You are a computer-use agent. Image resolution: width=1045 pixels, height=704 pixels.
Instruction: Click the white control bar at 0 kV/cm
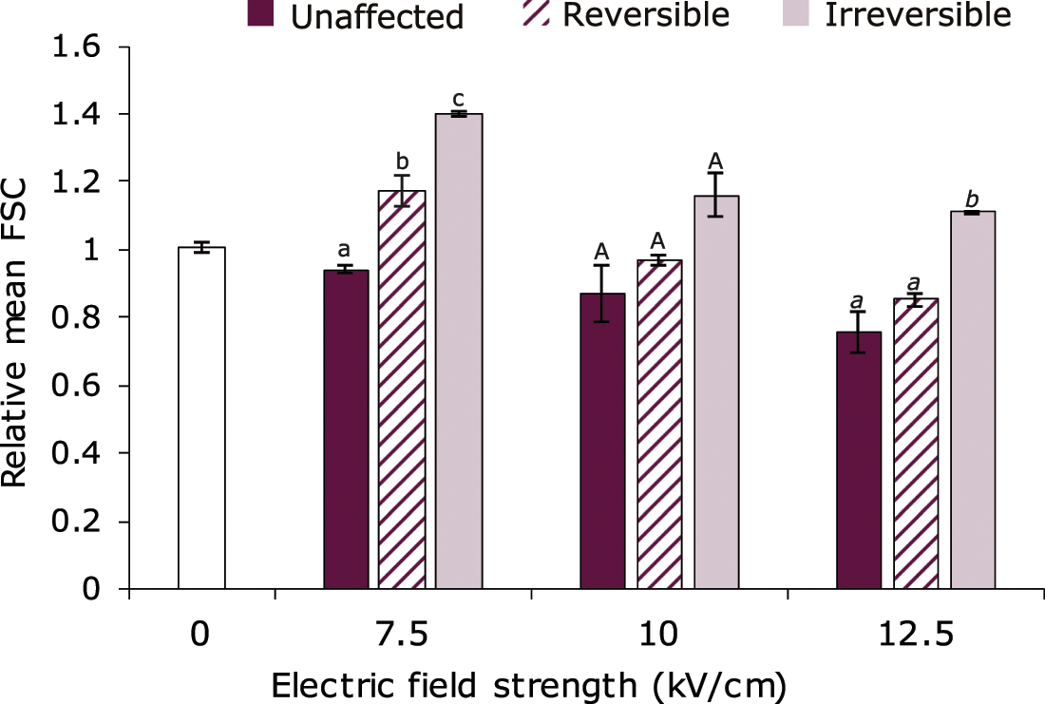(201, 418)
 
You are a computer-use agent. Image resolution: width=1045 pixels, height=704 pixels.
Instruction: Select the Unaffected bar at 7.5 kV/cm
(346, 429)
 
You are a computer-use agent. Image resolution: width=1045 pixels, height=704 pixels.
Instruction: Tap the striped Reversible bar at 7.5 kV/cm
(402, 390)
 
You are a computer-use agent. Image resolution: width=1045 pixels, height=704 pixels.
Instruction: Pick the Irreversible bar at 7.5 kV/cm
(459, 352)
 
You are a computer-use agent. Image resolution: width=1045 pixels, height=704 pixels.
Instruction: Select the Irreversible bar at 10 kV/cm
(716, 392)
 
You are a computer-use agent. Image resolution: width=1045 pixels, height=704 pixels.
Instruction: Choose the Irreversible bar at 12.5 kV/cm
(972, 400)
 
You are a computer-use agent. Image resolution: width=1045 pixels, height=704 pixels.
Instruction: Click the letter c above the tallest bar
(459, 98)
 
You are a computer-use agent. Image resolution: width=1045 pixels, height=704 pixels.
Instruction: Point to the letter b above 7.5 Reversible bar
(403, 161)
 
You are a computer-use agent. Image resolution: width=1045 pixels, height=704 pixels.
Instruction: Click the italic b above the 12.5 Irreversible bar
(972, 198)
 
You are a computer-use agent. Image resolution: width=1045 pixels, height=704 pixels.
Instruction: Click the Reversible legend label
(646, 15)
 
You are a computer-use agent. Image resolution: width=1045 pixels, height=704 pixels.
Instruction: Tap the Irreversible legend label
(918, 15)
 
